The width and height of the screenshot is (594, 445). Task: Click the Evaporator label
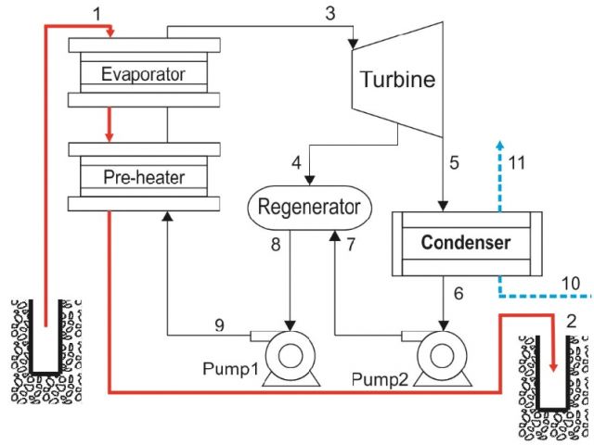tap(144, 74)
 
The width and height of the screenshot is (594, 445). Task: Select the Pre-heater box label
tap(144, 175)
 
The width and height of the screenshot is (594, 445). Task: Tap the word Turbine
tap(398, 80)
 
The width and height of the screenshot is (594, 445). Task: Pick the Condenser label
tap(465, 243)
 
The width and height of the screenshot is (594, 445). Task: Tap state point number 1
tap(99, 12)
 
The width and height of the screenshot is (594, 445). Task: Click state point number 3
tap(330, 12)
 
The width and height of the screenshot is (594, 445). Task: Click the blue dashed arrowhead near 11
tap(500, 145)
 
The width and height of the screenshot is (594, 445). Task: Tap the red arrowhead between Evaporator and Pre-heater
tap(109, 137)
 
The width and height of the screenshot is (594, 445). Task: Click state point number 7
tap(351, 246)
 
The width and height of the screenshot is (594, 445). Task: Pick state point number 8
tap(275, 246)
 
